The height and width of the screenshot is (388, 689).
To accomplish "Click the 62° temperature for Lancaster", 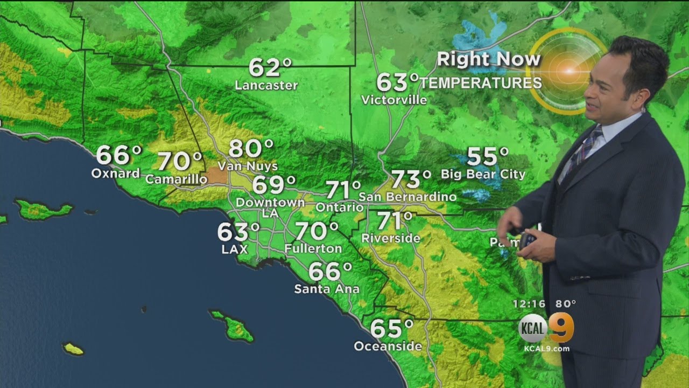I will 270,68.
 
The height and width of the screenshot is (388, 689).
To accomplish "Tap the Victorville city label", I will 394,100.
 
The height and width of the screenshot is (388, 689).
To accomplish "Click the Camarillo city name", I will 177,179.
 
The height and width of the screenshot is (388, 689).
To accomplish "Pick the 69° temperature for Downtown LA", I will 273,185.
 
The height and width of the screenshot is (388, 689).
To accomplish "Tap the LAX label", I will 234,249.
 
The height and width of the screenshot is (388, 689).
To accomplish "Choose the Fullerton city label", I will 313,248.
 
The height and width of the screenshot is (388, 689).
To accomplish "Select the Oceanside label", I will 388,346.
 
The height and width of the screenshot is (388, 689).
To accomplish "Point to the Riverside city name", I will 391,238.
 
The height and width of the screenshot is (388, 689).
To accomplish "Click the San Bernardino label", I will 407,197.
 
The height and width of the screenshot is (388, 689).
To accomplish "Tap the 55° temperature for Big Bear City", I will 487,156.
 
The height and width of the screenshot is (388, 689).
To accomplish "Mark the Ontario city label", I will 340,207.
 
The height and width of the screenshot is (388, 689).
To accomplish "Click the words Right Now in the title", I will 488,59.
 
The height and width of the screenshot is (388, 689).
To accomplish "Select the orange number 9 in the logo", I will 561,327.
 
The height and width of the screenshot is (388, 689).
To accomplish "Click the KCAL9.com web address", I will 546,349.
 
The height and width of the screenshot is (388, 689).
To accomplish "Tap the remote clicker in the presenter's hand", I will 528,239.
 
